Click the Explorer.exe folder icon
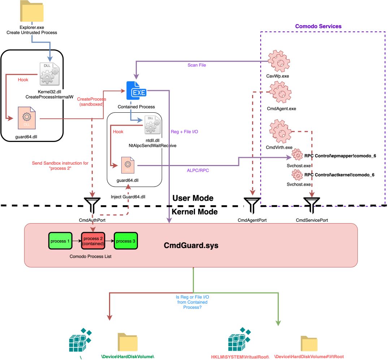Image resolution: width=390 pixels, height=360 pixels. [x=32, y=12]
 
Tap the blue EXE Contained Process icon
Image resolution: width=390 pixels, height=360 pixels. [x=136, y=91]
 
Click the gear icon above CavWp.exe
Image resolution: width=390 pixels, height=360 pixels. [x=278, y=60]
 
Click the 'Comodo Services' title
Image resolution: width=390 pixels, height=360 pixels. [x=318, y=26]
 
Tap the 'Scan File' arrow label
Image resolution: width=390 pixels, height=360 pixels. [x=197, y=65]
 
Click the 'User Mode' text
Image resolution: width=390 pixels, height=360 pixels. [x=193, y=198]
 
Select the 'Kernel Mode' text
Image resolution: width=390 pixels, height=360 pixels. [x=195, y=212]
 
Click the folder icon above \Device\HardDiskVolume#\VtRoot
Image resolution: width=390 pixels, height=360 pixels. [x=309, y=343]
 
